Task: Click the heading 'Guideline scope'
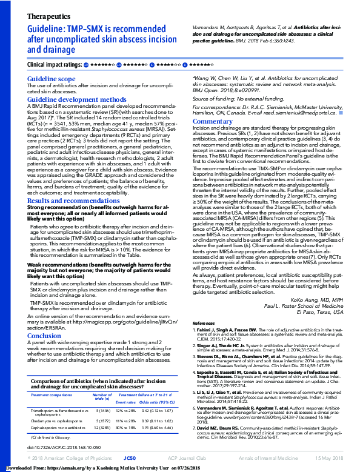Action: pos(52,79)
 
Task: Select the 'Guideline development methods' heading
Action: pos(77,99)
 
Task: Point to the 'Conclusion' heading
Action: pos(44,335)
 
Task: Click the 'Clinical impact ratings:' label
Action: pos(55,64)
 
